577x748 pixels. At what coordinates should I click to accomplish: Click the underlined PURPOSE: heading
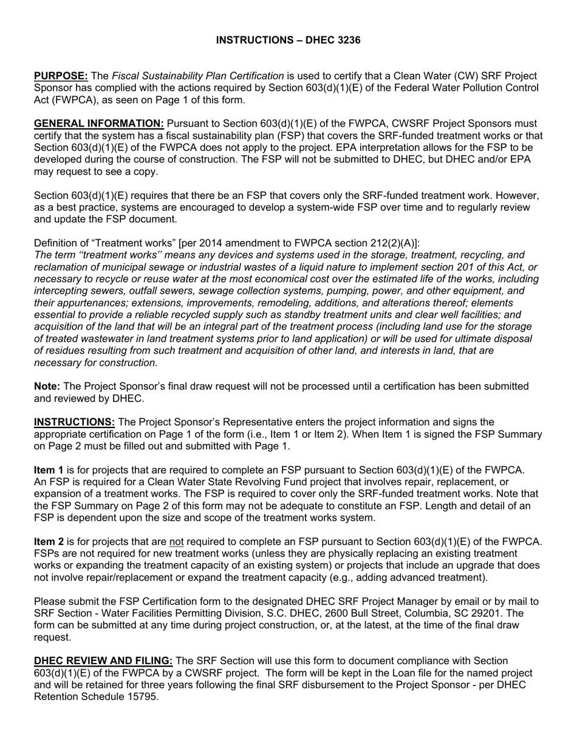coord(61,76)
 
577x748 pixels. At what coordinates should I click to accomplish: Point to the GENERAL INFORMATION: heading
coord(99,124)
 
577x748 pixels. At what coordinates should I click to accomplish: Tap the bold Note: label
coord(47,386)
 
